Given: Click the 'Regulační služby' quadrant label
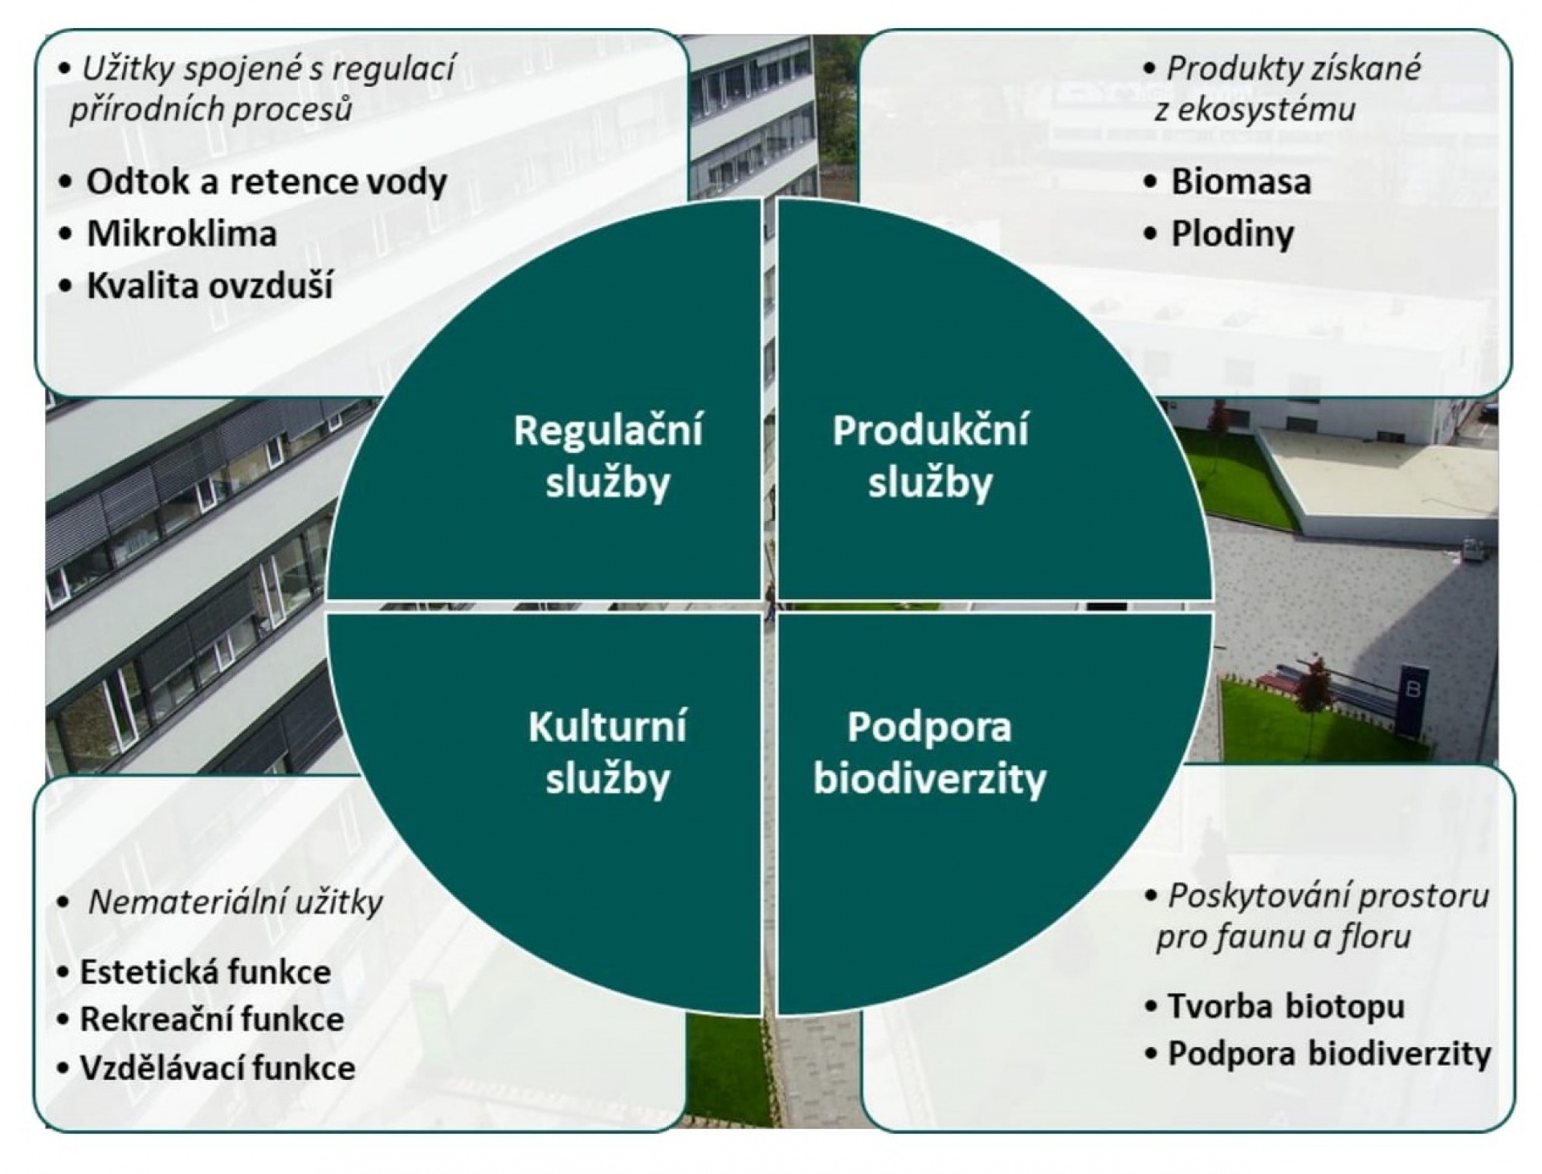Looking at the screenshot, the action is tap(608, 456).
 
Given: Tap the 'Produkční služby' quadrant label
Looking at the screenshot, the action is tap(930, 456).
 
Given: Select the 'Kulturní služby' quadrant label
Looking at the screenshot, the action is tap(607, 752).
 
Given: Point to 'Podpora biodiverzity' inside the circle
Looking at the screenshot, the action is tap(930, 752).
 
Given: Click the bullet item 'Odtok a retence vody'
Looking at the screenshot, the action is tap(267, 181).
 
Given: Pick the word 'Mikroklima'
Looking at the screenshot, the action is tap(182, 234).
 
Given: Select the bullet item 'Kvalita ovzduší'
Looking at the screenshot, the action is tap(210, 286).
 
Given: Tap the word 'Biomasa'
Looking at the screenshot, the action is tap(1241, 181).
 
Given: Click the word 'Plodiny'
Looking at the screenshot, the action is tap(1233, 234).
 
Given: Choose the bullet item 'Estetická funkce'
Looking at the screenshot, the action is tap(205, 972).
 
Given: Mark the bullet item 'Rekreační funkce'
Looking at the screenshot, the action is tap(212, 1020).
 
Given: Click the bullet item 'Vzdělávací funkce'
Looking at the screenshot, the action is tap(217, 1068).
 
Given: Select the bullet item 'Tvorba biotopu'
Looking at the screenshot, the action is tap(1286, 1006).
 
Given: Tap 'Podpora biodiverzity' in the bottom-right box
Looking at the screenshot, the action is tap(1329, 1054).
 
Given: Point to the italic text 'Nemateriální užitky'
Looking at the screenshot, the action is tap(235, 903).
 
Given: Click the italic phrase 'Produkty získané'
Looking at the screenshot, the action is tap(1293, 69).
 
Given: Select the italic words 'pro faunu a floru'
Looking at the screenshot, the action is tap(1283, 937).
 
